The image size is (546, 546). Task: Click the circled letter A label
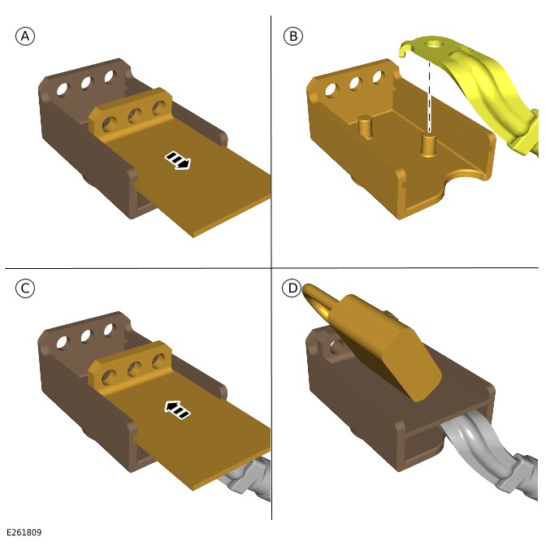click(25, 37)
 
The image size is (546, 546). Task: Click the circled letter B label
click(293, 37)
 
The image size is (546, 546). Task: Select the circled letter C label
click(25, 288)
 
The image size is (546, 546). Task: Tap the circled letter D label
click(292, 288)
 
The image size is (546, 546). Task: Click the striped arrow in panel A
click(178, 160)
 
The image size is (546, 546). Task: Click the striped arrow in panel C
click(178, 409)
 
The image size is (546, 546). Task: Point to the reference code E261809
click(24, 532)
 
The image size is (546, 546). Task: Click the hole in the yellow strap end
click(433, 45)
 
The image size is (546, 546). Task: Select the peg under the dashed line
click(428, 145)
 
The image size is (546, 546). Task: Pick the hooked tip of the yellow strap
click(404, 50)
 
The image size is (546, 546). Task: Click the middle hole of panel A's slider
click(135, 115)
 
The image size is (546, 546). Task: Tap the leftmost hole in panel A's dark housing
click(63, 89)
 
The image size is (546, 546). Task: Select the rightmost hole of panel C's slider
click(159, 361)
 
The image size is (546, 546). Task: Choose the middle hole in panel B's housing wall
click(355, 84)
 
